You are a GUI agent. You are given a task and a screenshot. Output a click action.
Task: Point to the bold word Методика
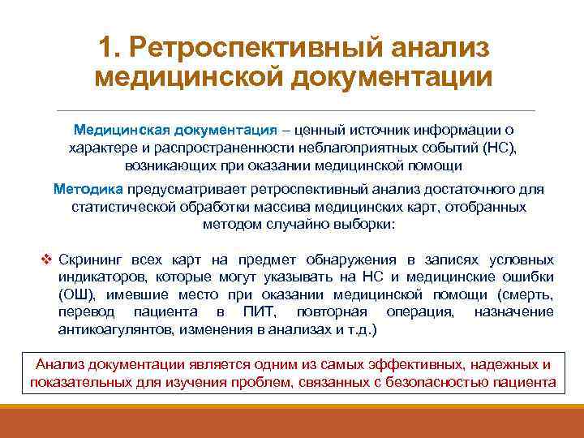(88, 189)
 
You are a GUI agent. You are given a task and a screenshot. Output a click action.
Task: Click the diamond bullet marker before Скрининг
(46, 260)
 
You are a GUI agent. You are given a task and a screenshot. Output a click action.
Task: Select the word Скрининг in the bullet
(88, 260)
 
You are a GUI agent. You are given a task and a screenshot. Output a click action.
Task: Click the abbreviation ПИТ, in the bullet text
(258, 312)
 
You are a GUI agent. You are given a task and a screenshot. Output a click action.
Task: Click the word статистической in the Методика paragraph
(122, 207)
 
